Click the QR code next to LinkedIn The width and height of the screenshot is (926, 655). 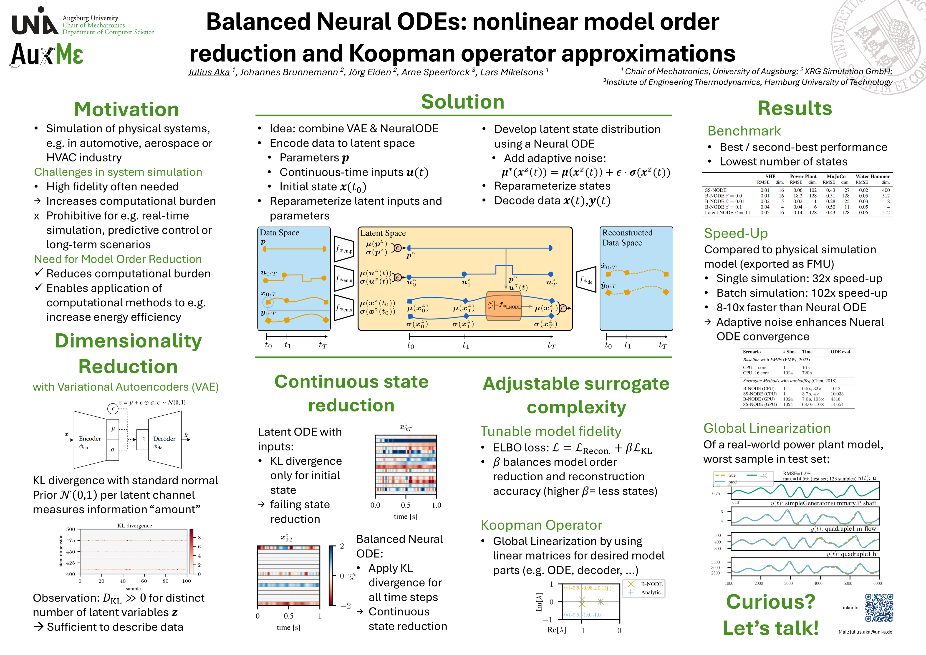[x=879, y=607]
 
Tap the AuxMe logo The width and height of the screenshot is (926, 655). [x=47, y=54]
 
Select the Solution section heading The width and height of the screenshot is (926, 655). [x=463, y=102]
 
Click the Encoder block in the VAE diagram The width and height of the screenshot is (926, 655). [x=90, y=440]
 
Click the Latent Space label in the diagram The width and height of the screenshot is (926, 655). [x=383, y=233]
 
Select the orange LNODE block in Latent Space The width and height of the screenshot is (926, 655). [x=503, y=306]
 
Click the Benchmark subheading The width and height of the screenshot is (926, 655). [x=744, y=131]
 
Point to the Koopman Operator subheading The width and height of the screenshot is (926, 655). [x=541, y=525]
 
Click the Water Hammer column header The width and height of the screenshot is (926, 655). [x=872, y=176]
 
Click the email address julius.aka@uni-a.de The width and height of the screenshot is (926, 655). [x=865, y=632]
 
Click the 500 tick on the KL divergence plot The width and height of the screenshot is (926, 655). [x=71, y=529]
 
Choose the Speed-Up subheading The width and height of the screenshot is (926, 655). [x=736, y=233]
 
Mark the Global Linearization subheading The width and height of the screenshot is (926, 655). [x=767, y=428]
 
